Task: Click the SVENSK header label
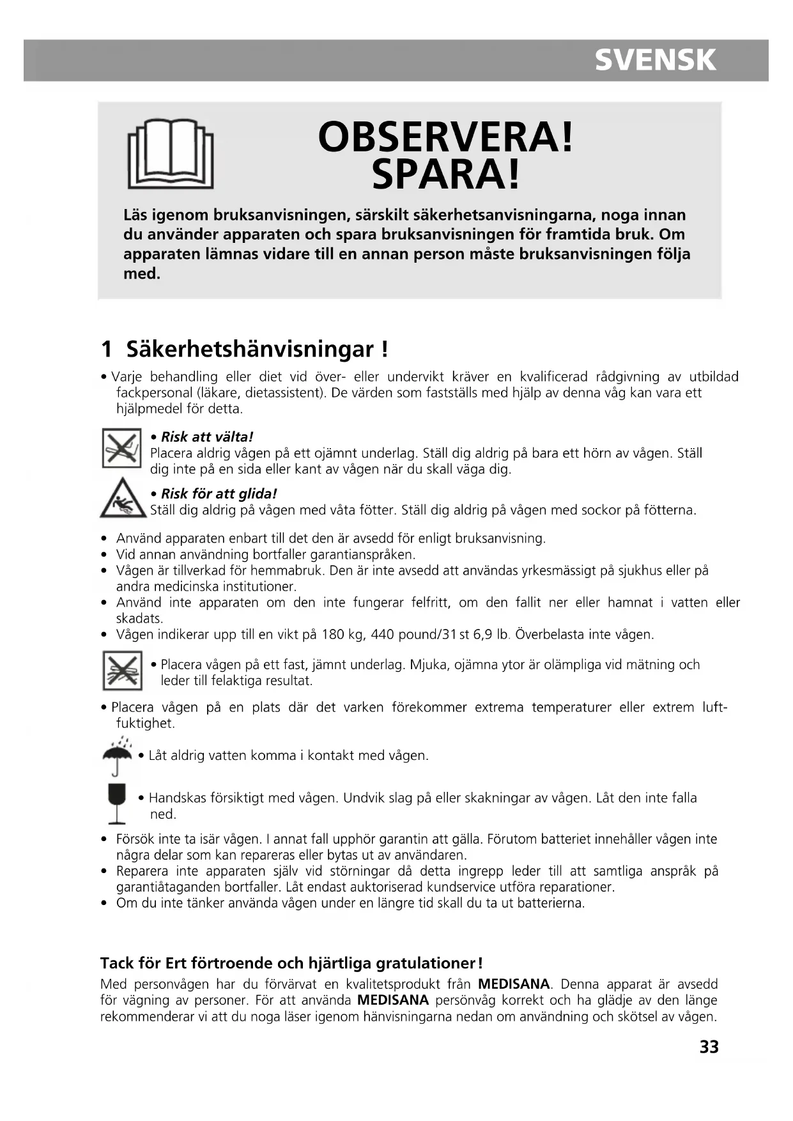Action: click(655, 60)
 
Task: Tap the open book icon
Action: click(171, 153)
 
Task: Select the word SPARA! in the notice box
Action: click(445, 174)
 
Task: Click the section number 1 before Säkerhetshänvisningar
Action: click(107, 349)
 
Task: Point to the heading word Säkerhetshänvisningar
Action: click(249, 349)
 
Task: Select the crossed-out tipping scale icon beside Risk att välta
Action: click(121, 448)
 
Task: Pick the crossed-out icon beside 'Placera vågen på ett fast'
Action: click(121, 670)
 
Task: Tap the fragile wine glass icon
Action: click(117, 803)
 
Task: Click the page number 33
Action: click(709, 1047)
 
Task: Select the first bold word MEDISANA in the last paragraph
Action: click(514, 984)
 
